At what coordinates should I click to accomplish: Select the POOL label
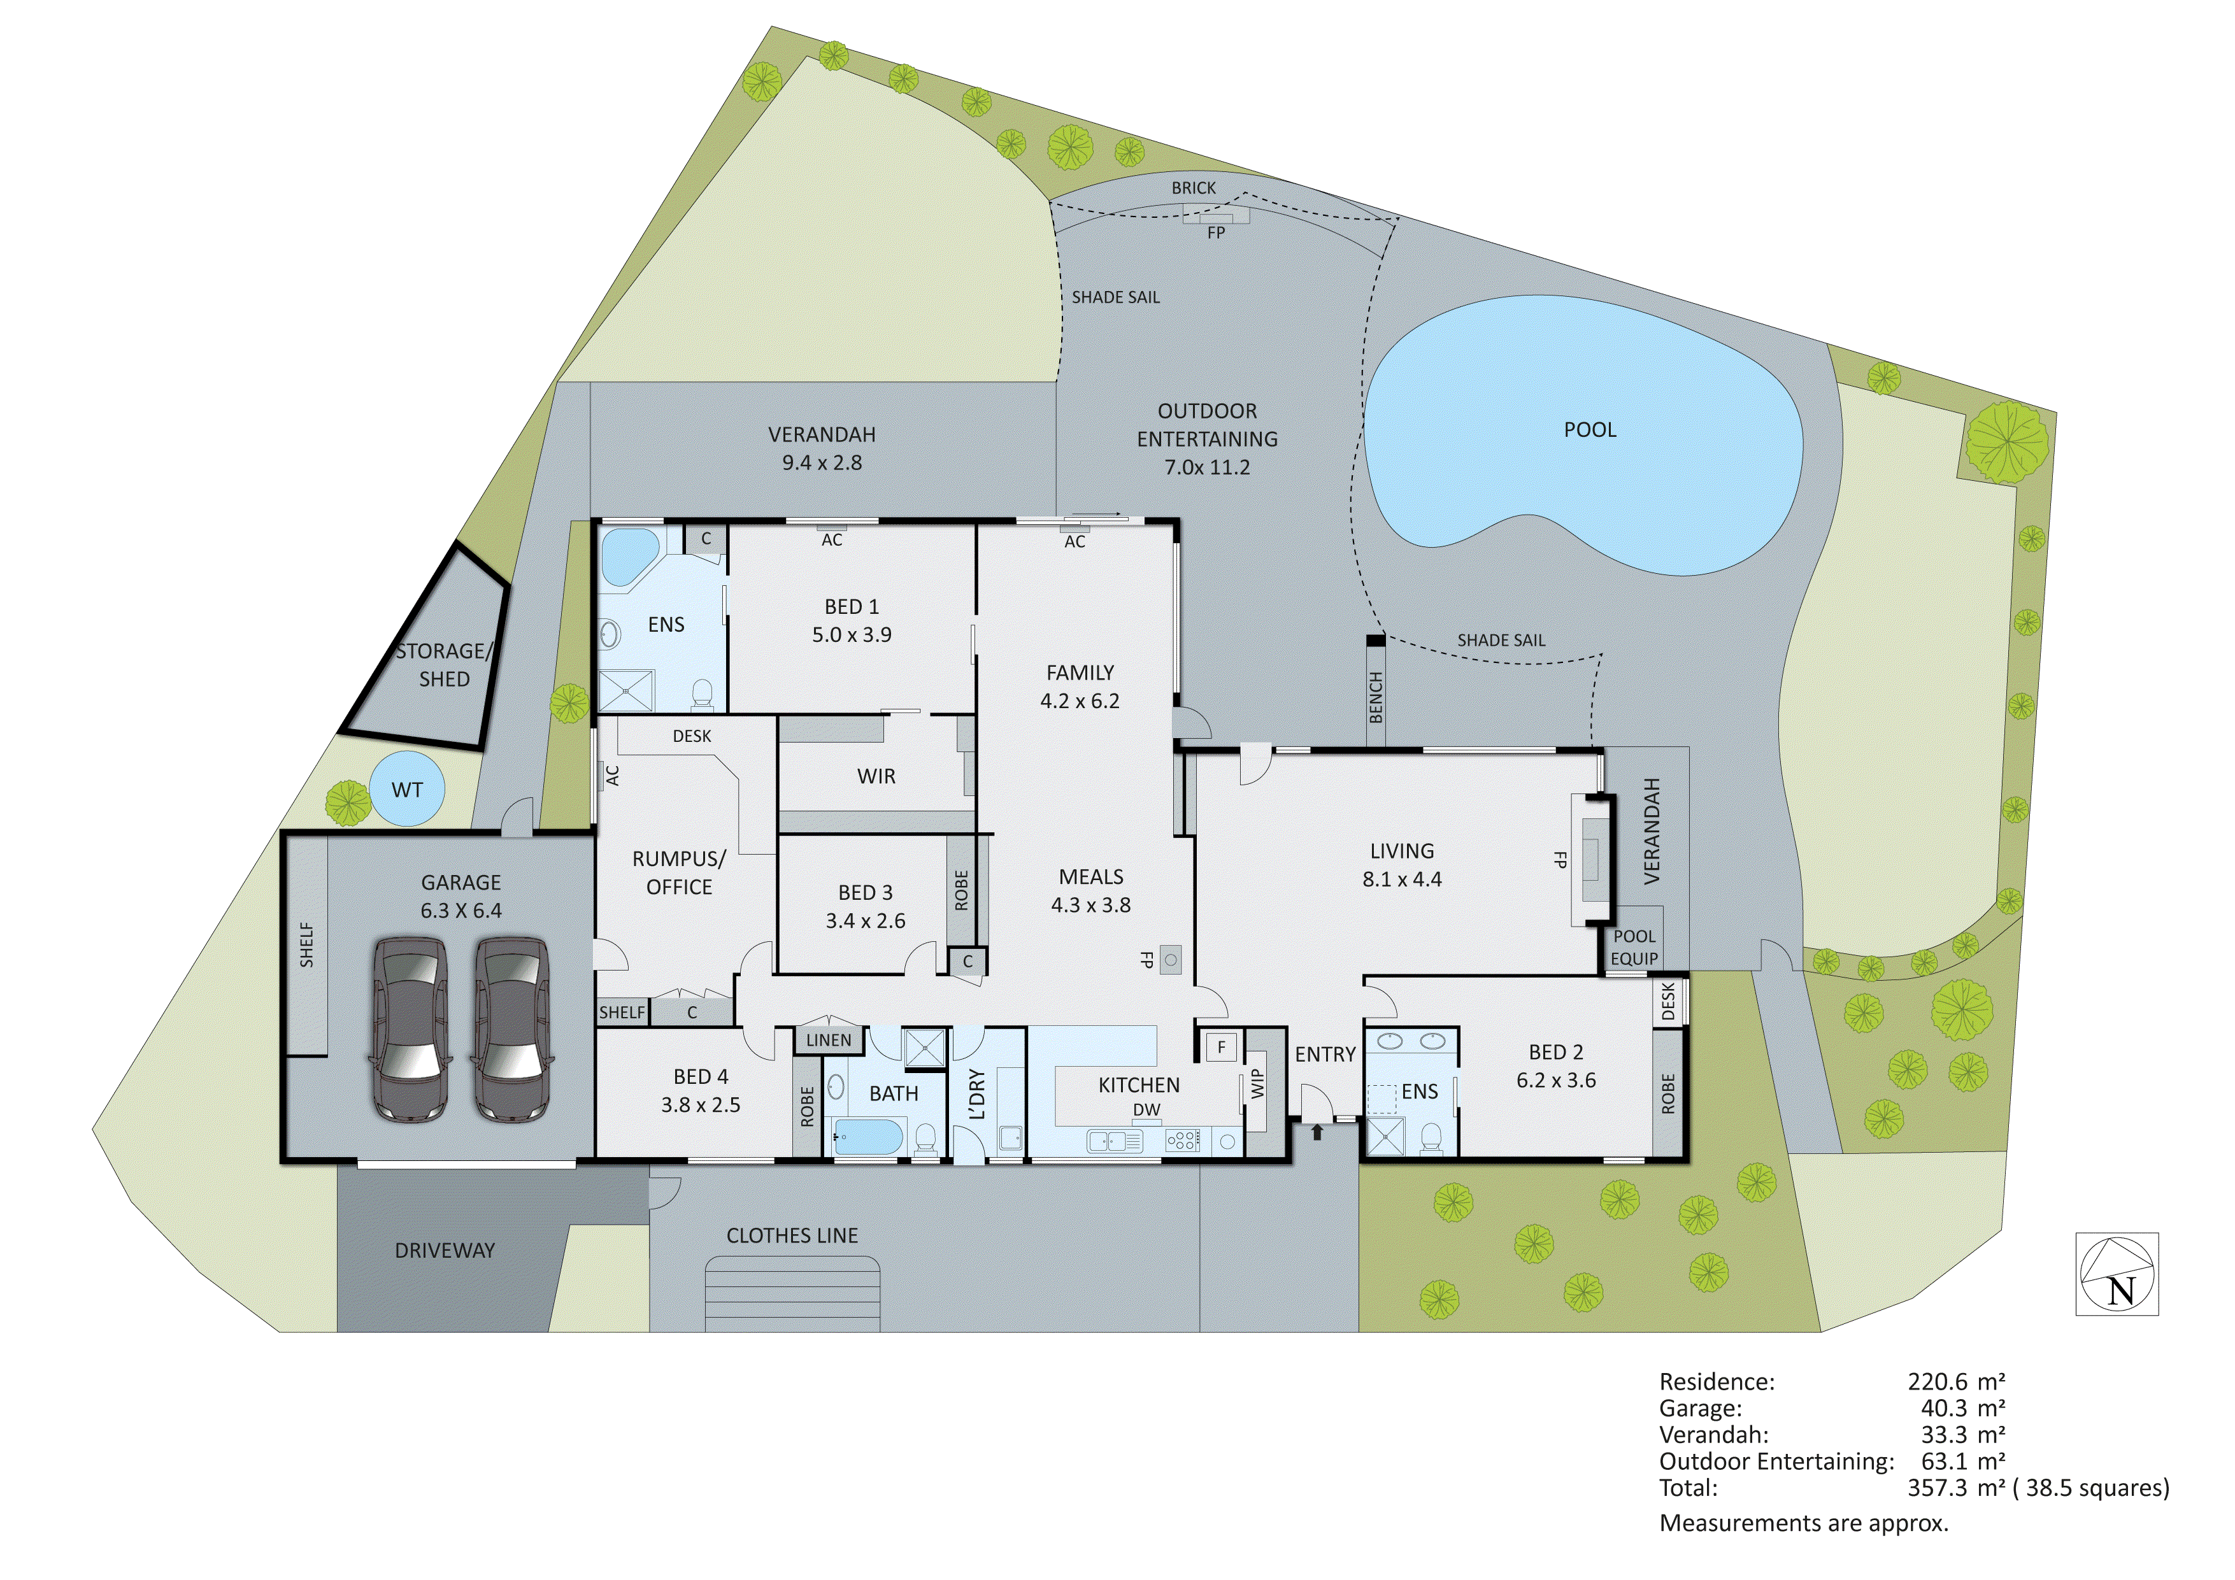tap(1590, 429)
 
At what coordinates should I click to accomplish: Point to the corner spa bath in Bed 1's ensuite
tap(628, 557)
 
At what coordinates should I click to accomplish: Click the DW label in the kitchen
tap(1146, 1110)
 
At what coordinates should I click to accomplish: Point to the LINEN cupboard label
tap(829, 1040)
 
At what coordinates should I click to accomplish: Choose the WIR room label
tap(876, 776)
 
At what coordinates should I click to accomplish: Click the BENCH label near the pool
tap(1376, 697)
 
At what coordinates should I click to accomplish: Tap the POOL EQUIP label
tap(1634, 947)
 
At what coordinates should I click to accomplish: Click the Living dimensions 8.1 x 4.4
tap(1402, 879)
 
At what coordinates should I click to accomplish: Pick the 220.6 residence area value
tap(1937, 1381)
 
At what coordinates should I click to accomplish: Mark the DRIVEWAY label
tap(445, 1250)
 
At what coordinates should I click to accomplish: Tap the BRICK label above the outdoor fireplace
tap(1194, 188)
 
